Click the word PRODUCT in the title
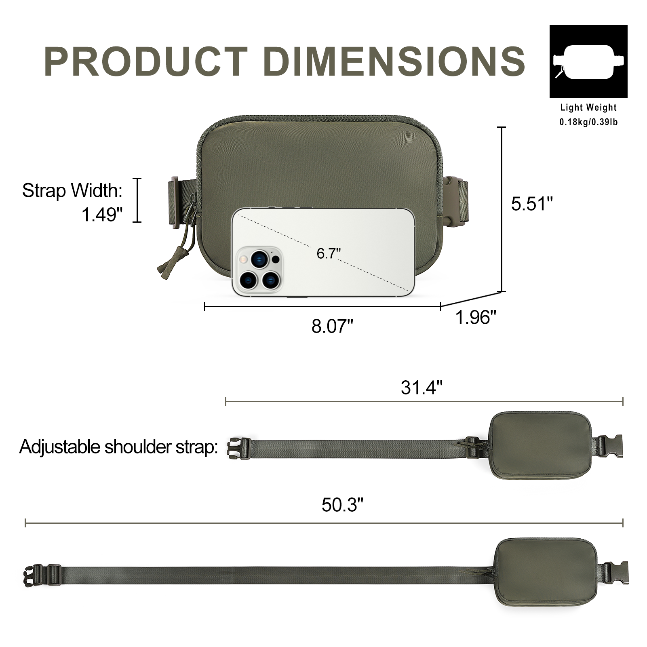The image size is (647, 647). click(146, 61)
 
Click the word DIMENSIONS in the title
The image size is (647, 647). click(394, 61)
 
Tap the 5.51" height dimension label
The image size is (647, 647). click(531, 204)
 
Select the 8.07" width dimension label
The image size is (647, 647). click(332, 326)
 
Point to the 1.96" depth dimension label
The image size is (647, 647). click(476, 317)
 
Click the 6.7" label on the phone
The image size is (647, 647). click(329, 253)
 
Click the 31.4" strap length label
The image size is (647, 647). click(421, 388)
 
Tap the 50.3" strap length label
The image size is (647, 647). click(343, 505)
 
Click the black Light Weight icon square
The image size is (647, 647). click(588, 61)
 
